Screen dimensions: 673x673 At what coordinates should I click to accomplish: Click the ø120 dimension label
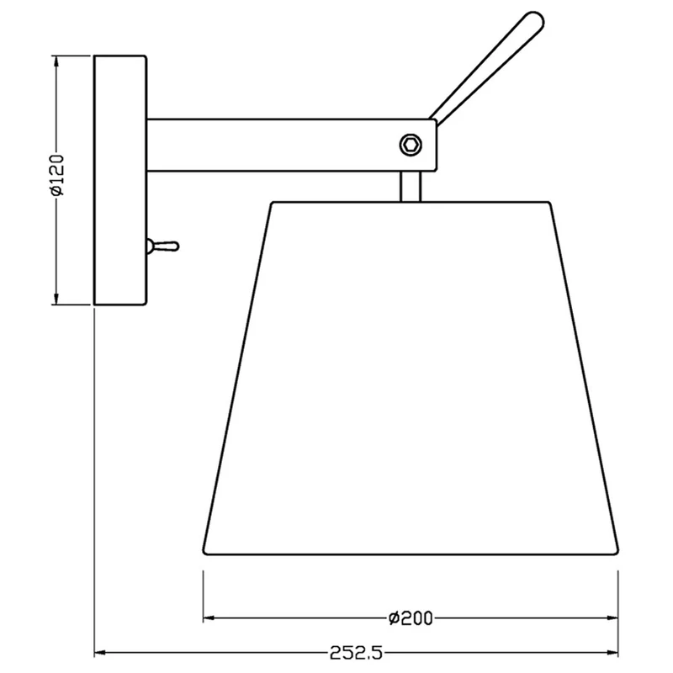point(57,175)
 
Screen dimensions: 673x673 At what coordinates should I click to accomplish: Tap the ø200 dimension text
point(411,618)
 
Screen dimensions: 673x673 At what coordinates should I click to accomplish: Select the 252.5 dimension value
point(356,653)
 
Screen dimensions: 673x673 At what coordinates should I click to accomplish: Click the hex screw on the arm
point(411,144)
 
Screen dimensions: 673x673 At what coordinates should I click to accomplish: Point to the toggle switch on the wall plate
point(163,246)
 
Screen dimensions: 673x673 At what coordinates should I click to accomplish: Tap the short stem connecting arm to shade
point(411,186)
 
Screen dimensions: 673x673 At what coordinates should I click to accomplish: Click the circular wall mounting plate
point(120,180)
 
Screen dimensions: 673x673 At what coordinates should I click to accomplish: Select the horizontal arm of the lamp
point(292,145)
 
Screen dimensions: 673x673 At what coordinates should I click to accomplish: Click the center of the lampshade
point(411,378)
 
